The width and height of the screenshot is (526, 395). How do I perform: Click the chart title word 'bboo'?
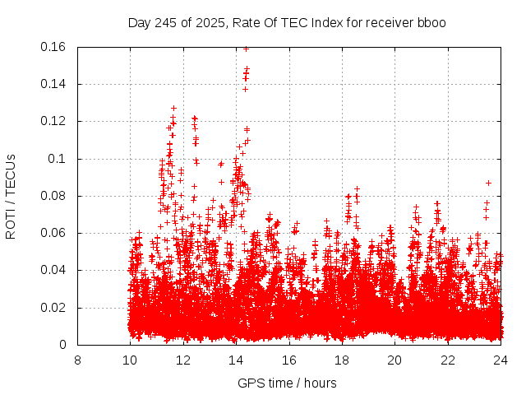click(x=431, y=22)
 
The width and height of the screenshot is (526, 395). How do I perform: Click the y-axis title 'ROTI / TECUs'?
click(x=11, y=196)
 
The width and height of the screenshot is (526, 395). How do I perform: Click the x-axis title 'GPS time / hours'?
click(x=287, y=383)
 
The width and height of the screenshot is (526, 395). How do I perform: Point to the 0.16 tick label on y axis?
click(x=54, y=47)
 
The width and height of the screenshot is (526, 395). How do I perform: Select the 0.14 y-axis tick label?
click(x=54, y=84)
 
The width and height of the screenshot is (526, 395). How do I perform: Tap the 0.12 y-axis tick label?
click(x=54, y=122)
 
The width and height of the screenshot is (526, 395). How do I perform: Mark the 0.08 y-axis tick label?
click(x=54, y=196)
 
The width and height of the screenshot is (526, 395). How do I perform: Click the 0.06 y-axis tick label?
click(x=54, y=234)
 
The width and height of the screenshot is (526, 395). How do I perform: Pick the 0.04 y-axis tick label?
click(x=54, y=271)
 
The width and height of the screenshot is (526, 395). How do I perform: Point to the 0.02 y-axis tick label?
click(x=54, y=308)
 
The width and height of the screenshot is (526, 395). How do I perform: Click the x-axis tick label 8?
click(x=77, y=360)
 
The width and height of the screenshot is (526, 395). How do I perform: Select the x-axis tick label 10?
click(x=130, y=360)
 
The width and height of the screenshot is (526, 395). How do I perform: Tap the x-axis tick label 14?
click(x=236, y=360)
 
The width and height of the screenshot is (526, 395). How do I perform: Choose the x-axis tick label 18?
click(x=342, y=360)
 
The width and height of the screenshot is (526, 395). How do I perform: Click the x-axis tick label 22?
click(x=448, y=360)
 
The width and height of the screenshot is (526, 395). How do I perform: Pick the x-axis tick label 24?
click(x=501, y=360)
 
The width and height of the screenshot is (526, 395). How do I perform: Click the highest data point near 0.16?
click(x=246, y=49)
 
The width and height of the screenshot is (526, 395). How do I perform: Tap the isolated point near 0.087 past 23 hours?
click(x=488, y=183)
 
